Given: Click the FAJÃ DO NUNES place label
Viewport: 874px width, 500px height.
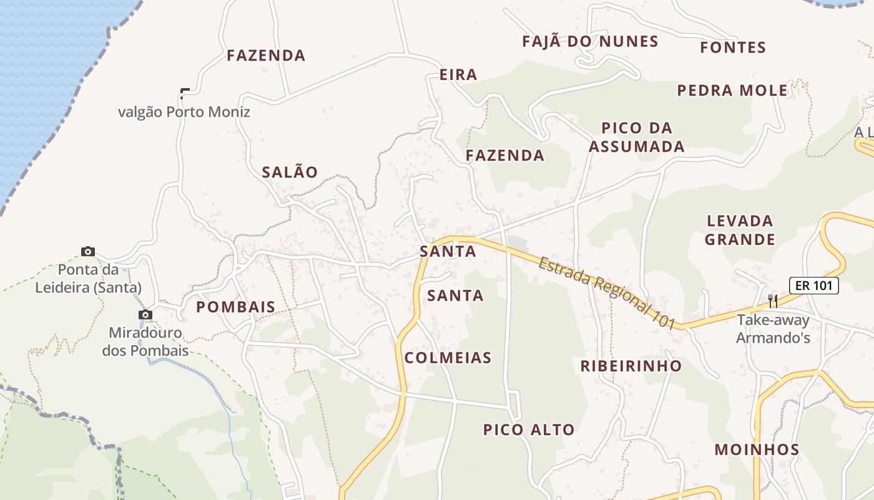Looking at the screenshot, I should (x=590, y=42).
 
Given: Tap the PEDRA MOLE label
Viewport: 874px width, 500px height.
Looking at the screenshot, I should (x=732, y=91).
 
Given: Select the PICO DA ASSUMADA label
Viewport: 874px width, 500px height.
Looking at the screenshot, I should (x=637, y=137).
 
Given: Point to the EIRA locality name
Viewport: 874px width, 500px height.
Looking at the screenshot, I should (x=458, y=75).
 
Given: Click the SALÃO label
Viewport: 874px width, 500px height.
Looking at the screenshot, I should (x=290, y=172).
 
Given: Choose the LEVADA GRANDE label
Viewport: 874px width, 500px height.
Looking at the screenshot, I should (x=740, y=230).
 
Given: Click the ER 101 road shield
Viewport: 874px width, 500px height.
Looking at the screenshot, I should (x=813, y=286).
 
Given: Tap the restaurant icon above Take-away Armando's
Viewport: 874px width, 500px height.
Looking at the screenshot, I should (x=773, y=301).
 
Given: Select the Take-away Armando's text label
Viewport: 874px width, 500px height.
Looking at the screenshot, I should (x=773, y=329).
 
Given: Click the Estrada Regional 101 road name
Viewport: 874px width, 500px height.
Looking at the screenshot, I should (x=607, y=292).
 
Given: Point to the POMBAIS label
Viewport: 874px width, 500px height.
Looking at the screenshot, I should (x=235, y=307).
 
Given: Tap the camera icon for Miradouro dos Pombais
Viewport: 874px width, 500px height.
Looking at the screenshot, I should (x=145, y=315).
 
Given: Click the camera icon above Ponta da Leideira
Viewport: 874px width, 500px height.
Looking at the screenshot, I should (x=88, y=251).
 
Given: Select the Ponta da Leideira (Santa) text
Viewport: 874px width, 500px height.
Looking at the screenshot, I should (x=88, y=279).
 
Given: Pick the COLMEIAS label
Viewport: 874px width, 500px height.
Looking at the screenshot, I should (x=448, y=357).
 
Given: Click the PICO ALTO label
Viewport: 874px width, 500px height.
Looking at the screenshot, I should (x=529, y=430).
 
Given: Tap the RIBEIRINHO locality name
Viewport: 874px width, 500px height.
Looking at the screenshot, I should (x=631, y=366).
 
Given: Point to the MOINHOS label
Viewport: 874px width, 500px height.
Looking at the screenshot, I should (x=757, y=449).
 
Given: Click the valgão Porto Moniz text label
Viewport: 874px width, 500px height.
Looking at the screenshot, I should (x=184, y=112).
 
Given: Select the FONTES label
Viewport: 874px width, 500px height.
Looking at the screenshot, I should (x=733, y=47).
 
